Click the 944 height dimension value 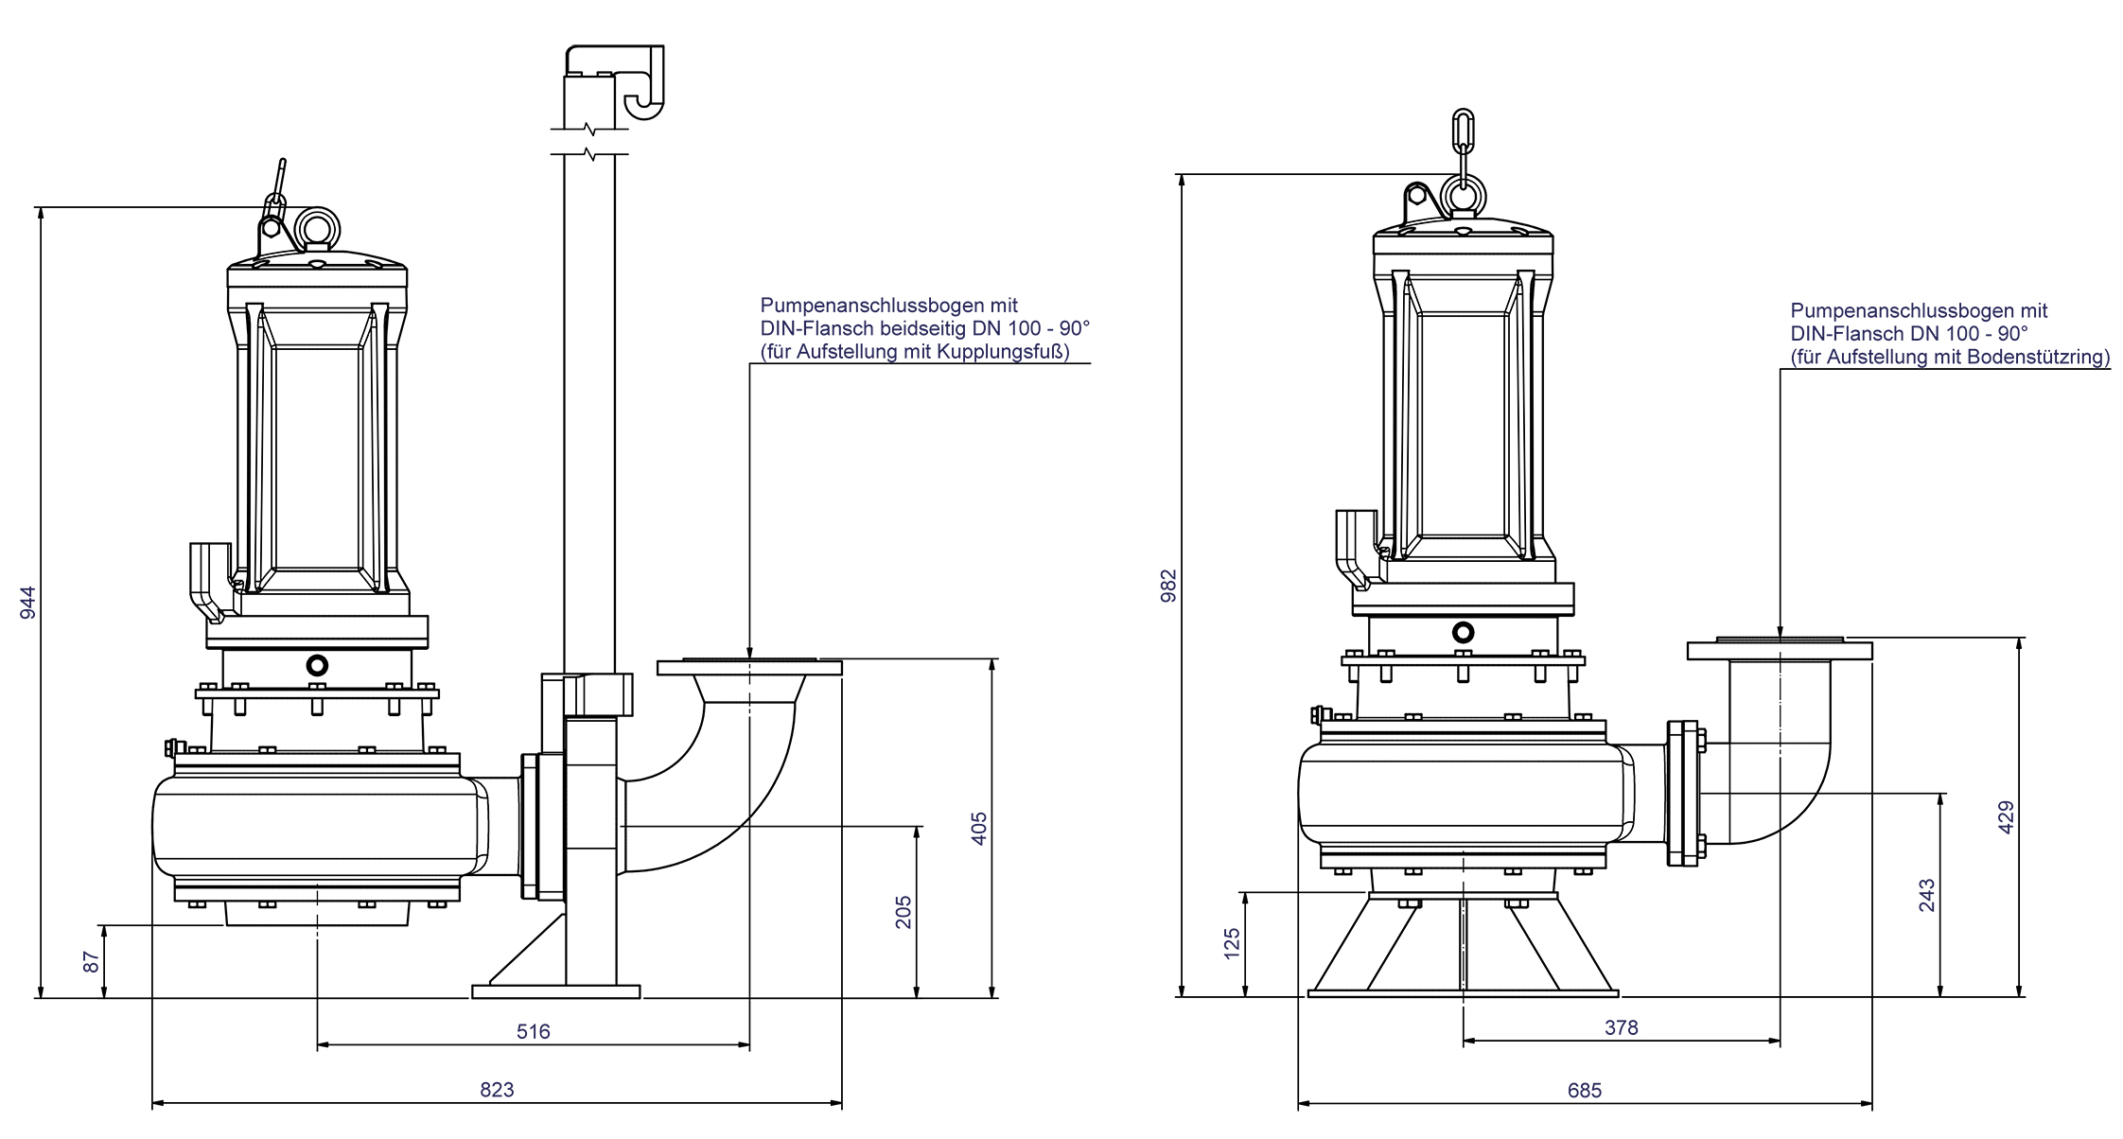pyautogui.click(x=27, y=603)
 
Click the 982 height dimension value pyautogui.click(x=1169, y=586)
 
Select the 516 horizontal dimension pyautogui.click(x=533, y=1031)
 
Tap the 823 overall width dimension pyautogui.click(x=497, y=1090)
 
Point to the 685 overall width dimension pyautogui.click(x=1584, y=1091)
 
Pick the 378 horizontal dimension pyautogui.click(x=1621, y=1027)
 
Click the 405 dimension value pyautogui.click(x=979, y=829)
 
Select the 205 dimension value pyautogui.click(x=904, y=912)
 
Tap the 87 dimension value pyautogui.click(x=91, y=962)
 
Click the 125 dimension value pyautogui.click(x=1232, y=944)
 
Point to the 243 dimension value pyautogui.click(x=1927, y=896)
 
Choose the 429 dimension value pyautogui.click(x=2006, y=817)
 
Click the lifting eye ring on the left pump pyautogui.click(x=317, y=227)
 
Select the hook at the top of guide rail pyautogui.click(x=643, y=85)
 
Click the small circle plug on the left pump pyautogui.click(x=317, y=665)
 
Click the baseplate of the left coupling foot pyautogui.click(x=556, y=991)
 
